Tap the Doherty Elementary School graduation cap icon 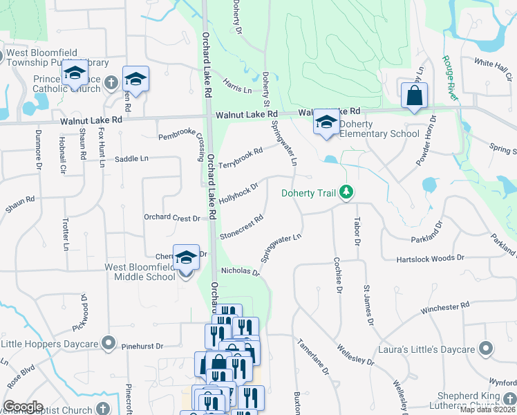point(326,122)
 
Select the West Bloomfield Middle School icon point(185,258)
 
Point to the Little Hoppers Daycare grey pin point(107,342)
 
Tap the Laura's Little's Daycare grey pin point(487,349)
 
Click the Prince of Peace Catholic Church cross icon point(111,84)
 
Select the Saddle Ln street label point(132,159)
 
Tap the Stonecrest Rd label point(241,226)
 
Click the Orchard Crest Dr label point(171,217)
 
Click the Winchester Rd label point(444,307)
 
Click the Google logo point(23,407)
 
